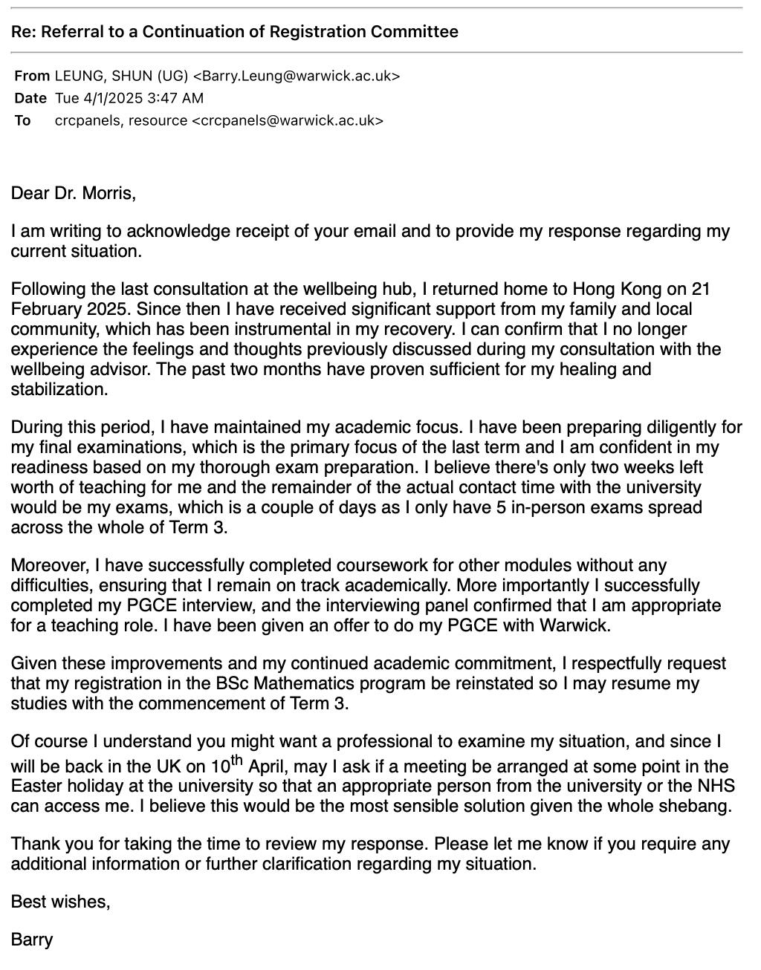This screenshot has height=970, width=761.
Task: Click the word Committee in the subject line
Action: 415,31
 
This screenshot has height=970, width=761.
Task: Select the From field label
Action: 32,76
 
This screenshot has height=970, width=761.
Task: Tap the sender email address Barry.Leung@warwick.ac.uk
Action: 297,76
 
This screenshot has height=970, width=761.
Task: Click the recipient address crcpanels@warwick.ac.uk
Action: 288,120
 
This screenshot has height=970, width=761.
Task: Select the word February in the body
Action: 43,309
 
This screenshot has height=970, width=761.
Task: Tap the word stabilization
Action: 59,389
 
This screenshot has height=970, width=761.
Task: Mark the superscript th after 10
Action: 237,760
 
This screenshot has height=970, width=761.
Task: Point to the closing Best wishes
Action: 60,902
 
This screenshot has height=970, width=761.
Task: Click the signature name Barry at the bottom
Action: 32,940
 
